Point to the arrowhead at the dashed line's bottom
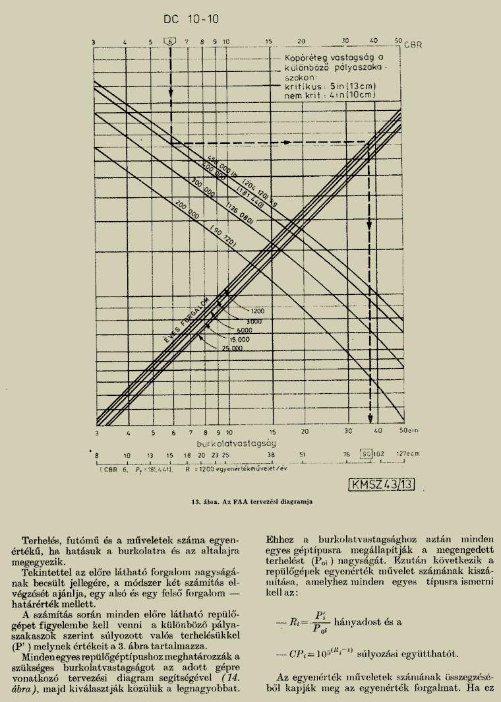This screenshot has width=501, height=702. pyautogui.click(x=370, y=418)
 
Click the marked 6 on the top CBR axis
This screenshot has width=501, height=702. pyautogui.click(x=171, y=41)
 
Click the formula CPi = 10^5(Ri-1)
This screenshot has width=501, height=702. pyautogui.click(x=345, y=654)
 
